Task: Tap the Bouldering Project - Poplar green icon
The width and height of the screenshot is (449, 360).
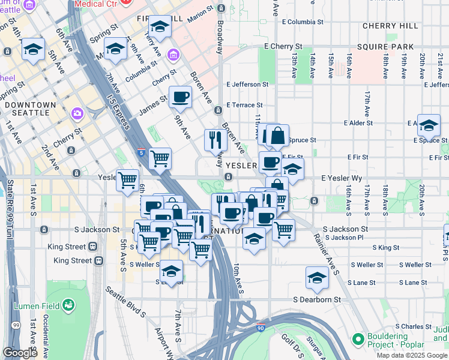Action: click(359, 340)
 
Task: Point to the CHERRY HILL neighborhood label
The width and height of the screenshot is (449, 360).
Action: click(390, 26)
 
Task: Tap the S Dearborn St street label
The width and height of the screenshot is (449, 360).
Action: click(317, 299)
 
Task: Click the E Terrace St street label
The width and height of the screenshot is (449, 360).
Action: click(245, 104)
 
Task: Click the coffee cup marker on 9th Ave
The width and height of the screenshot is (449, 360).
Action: click(180, 96)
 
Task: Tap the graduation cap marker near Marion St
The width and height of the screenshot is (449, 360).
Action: click(160, 26)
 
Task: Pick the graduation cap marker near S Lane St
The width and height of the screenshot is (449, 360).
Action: click(317, 277)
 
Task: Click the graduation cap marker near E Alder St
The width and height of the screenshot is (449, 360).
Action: click(429, 125)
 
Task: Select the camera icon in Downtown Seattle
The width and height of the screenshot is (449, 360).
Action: click(77, 113)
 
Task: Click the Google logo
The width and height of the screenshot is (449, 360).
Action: click(20, 353)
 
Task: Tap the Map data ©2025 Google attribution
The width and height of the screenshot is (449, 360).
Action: click(412, 355)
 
